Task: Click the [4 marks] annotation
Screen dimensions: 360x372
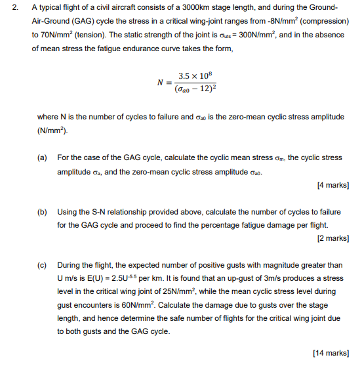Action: pos(332,186)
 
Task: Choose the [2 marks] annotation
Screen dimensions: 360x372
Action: pos(332,238)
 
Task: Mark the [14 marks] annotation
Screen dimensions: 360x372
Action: pos(330,353)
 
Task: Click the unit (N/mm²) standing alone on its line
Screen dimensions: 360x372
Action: pos(53,131)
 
